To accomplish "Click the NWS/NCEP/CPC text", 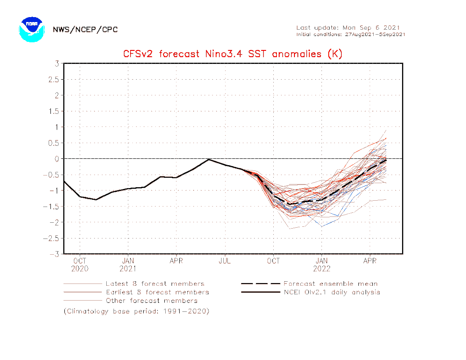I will pyautogui.click(x=85, y=30).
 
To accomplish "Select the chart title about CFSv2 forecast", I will pyautogui.click(x=233, y=54).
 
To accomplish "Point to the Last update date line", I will pyautogui.click(x=348, y=27).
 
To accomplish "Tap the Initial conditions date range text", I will pyautogui.click(x=351, y=35).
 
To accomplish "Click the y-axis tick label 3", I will pyautogui.click(x=57, y=63).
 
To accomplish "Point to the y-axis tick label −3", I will pyautogui.click(x=55, y=254).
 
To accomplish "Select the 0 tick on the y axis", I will pyautogui.click(x=57, y=159).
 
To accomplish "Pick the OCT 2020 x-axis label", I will pyautogui.click(x=80, y=265).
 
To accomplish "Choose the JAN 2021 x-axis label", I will pyautogui.click(x=128, y=265).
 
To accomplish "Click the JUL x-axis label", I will pyautogui.click(x=225, y=261).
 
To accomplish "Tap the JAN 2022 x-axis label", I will pyautogui.click(x=321, y=265).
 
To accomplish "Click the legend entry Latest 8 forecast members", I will pyautogui.click(x=154, y=284).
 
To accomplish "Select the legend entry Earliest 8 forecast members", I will pyautogui.click(x=157, y=292).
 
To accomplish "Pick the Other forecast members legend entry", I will pyautogui.click(x=151, y=301).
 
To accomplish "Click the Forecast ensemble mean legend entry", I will pyautogui.click(x=330, y=284).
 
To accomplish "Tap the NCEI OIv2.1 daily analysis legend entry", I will pyautogui.click(x=331, y=292).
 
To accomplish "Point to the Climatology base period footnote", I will pyautogui.click(x=136, y=311).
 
